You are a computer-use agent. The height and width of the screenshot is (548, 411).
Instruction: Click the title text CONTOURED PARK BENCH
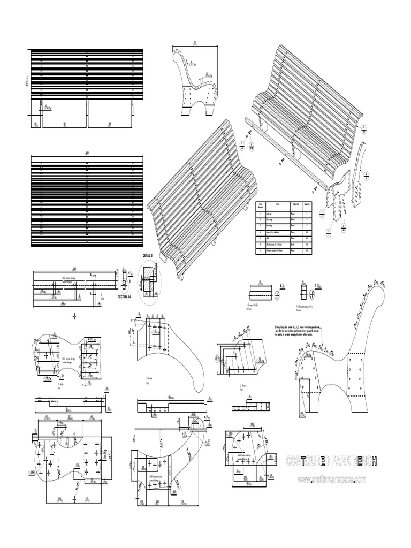[x=331, y=461]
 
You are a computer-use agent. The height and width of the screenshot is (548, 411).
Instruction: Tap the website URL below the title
[x=331, y=479]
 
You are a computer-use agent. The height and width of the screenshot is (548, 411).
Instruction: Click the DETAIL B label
[x=148, y=256]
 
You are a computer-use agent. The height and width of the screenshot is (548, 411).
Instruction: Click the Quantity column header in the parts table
[x=307, y=204]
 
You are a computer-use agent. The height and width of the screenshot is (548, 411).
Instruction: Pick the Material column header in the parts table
[x=294, y=204]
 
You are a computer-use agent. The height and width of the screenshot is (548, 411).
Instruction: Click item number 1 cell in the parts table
[x=261, y=212]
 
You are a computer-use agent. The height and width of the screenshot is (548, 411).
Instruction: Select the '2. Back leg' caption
[x=150, y=380]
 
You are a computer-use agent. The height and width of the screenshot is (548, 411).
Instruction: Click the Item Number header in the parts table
[x=261, y=204]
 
